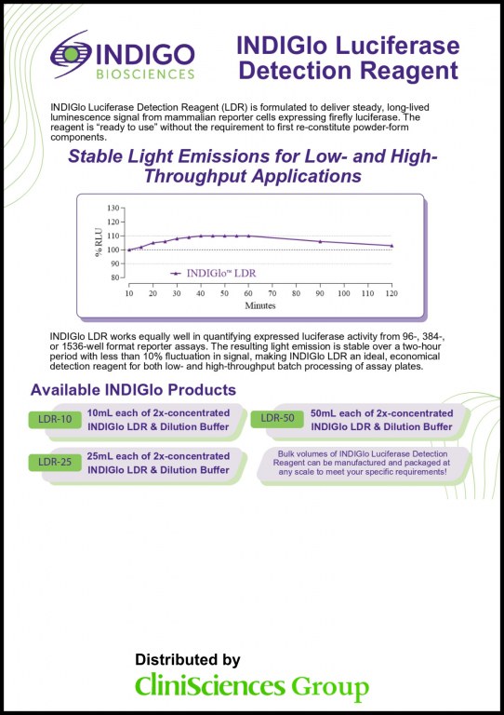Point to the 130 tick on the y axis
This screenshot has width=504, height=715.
tap(115, 208)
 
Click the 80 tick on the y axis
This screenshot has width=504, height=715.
tap(117, 277)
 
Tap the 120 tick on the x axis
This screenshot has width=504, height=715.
tap(391, 293)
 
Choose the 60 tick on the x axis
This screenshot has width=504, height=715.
tap(248, 293)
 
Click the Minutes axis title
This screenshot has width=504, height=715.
tap(260, 305)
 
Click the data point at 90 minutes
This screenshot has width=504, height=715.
tap(320, 241)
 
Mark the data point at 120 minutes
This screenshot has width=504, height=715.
tap(391, 245)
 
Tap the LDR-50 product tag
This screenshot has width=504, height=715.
tap(277, 418)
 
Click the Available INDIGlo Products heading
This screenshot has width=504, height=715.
tap(134, 390)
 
